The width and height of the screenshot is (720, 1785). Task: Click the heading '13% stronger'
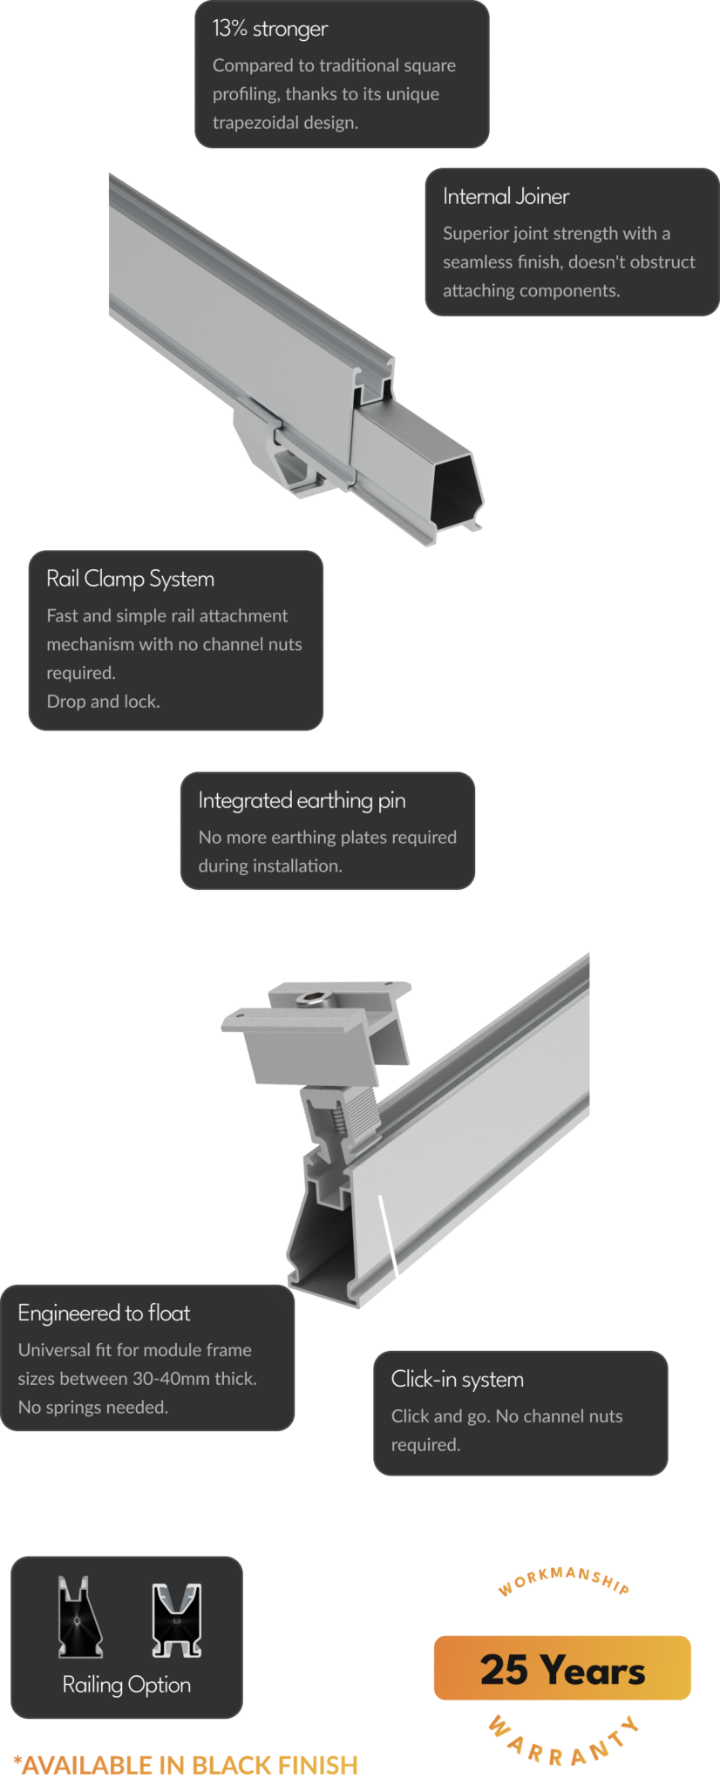[x=269, y=30]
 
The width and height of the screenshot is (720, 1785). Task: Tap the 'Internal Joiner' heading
[x=506, y=197]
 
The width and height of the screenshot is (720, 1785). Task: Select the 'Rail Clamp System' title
[x=130, y=580]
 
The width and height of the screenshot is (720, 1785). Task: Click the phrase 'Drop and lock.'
[x=103, y=702]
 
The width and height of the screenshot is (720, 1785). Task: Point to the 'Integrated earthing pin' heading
[x=302, y=801]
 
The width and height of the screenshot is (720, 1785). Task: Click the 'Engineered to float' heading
[x=104, y=1313]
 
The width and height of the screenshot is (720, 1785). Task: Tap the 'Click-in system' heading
[x=457, y=1380]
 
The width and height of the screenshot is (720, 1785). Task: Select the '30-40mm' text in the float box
[x=169, y=1379]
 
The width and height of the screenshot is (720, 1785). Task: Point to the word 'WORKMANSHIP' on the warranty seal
[x=563, y=1577]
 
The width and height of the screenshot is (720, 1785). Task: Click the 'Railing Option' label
[x=126, y=1685]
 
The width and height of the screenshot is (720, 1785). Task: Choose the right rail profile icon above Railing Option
[x=176, y=1619]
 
